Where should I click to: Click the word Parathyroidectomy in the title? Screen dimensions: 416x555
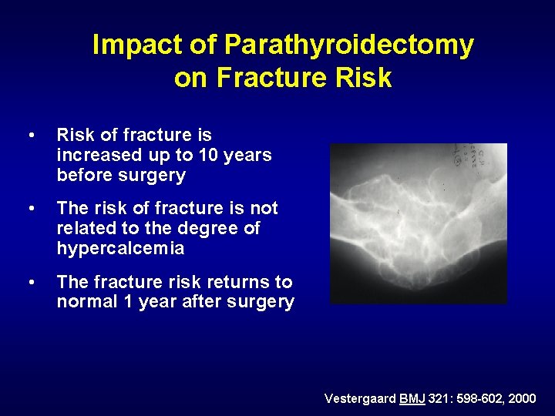point(348,45)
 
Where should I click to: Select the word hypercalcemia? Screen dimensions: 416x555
point(120,249)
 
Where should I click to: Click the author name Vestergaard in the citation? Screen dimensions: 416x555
point(359,398)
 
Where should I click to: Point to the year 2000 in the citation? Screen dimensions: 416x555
point(522,398)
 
